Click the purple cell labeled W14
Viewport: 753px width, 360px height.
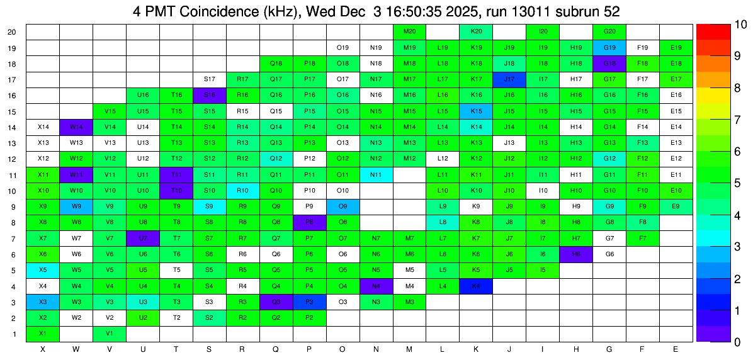(x=76, y=127)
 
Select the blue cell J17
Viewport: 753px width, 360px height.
(x=509, y=79)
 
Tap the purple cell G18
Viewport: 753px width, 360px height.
(x=609, y=64)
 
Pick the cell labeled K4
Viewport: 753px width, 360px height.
(x=476, y=286)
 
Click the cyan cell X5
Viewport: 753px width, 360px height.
(x=43, y=270)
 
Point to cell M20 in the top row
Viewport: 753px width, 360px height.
(x=409, y=31)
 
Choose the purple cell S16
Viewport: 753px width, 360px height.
(x=210, y=95)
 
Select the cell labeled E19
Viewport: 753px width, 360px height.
(x=676, y=47)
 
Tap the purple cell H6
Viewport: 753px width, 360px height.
(x=575, y=254)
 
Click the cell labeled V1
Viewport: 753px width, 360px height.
(x=110, y=334)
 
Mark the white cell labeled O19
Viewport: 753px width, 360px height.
(x=343, y=47)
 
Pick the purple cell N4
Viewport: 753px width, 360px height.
(x=376, y=286)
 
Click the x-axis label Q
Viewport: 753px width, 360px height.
(x=276, y=349)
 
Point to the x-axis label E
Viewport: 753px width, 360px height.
(x=676, y=349)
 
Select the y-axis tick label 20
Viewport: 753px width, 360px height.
(x=12, y=32)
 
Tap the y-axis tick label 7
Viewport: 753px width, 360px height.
(x=14, y=239)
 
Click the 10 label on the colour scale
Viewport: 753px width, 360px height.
(x=723, y=25)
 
